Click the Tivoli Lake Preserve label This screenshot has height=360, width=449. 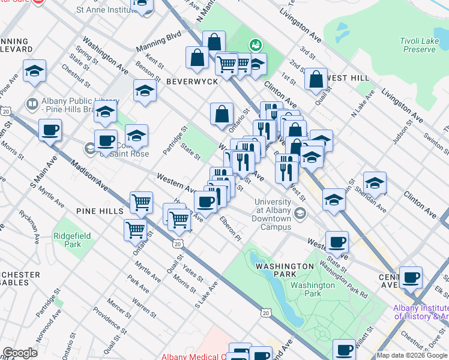point(417,45)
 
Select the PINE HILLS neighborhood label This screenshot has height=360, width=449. point(100,211)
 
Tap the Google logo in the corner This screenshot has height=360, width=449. point(20,353)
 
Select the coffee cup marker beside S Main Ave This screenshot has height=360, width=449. point(50,130)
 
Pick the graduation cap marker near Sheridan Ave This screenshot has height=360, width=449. point(375,182)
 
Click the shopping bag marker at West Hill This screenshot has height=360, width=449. point(316,79)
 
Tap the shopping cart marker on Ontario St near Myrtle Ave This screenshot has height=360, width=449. point(136,229)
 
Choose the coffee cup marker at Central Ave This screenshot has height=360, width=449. point(411,278)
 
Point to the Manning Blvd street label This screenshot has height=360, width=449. point(158,41)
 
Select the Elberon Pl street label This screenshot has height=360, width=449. point(230,229)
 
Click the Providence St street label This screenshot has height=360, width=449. point(109,322)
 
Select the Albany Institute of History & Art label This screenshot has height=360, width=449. point(420,312)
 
